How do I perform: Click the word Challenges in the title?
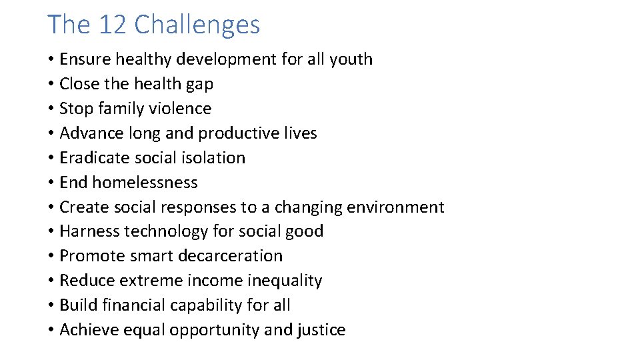197,25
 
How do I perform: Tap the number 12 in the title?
113,25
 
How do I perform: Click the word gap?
200,84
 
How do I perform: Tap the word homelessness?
145,183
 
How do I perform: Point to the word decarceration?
226,256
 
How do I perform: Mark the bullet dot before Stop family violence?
51,109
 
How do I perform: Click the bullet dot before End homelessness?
51,183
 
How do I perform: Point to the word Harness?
87,231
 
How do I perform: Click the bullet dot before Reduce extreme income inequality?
51,281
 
